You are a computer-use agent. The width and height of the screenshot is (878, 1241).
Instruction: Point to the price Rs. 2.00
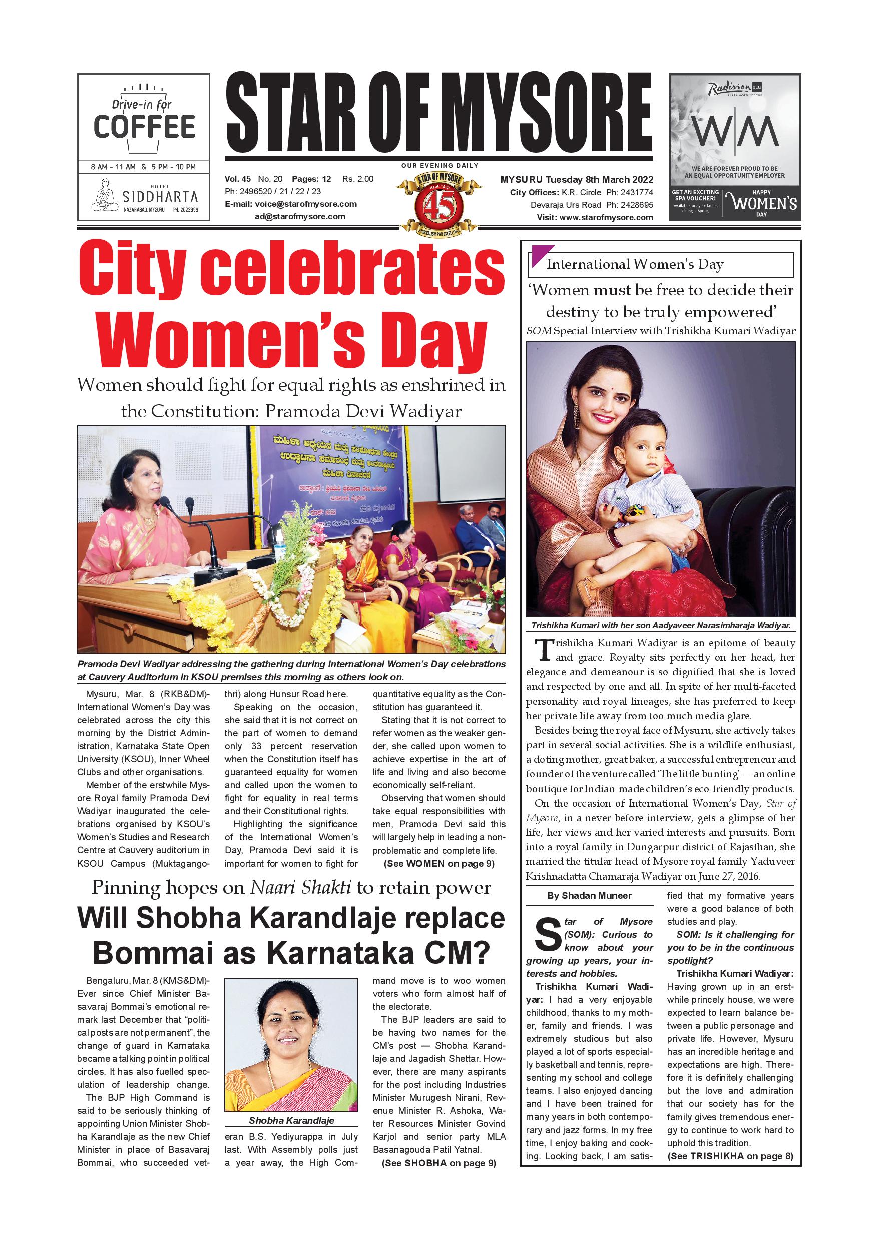[358, 179]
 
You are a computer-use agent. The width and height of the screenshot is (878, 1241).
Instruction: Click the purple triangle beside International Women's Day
[542, 256]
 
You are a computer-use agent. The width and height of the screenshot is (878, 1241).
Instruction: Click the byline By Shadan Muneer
[589, 896]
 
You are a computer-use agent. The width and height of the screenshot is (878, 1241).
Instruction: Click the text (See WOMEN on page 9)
[439, 863]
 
